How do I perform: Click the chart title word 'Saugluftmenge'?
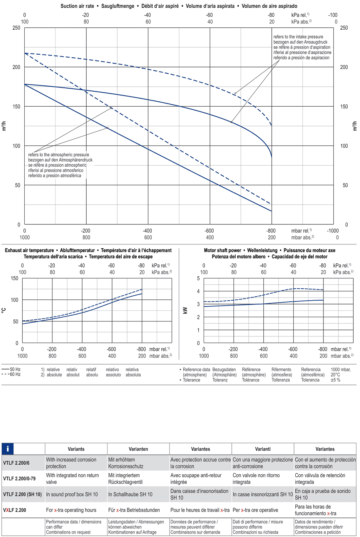click(x=118, y=6)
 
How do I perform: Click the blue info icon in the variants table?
click(x=8, y=449)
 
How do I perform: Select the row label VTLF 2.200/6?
click(x=16, y=463)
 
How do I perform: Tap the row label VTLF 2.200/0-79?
click(x=19, y=478)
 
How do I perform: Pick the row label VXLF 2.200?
click(x=15, y=510)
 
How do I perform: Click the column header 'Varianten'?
click(x=138, y=449)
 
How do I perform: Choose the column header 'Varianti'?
click(x=263, y=449)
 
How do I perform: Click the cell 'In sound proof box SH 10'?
click(x=72, y=494)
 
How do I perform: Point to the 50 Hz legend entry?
click(x=11, y=369)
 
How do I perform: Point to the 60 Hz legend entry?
click(x=11, y=374)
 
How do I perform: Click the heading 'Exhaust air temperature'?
click(x=29, y=250)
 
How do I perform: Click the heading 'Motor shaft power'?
click(x=223, y=250)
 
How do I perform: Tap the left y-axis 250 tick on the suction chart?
click(x=16, y=28)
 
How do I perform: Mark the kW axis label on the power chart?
click(x=185, y=310)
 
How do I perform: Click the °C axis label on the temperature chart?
click(x=4, y=310)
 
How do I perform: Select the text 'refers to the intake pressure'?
click(x=298, y=37)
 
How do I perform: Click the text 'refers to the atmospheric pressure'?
click(x=59, y=155)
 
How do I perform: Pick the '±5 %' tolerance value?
click(x=336, y=380)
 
